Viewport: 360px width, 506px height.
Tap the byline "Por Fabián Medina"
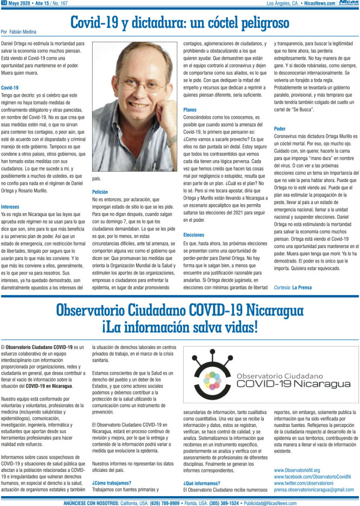tap(19, 31)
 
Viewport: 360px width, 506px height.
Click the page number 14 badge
tap(4, 3)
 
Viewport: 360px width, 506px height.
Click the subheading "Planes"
tap(190, 110)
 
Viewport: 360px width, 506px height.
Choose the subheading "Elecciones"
tap(193, 235)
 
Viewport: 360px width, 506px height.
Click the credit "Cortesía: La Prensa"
tap(293, 287)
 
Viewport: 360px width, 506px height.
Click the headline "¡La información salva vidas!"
tap(179, 327)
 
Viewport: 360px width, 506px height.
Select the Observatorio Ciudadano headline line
tap(179, 311)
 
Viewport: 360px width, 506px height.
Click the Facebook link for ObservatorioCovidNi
tap(312, 477)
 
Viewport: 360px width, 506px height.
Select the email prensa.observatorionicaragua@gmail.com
tap(314, 489)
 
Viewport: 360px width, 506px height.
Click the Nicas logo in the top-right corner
tap(348, 3)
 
